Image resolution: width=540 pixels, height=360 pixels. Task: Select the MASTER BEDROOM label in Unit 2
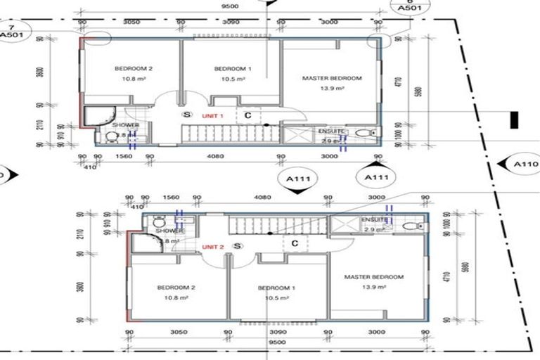point(373,277)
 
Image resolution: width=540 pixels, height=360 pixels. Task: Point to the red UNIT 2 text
point(212,247)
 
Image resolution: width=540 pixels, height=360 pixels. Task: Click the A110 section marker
point(524,165)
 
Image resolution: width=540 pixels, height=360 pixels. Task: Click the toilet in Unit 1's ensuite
point(364,132)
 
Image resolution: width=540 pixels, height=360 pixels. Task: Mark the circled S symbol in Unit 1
point(186,114)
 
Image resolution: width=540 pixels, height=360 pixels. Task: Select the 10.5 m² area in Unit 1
point(230,79)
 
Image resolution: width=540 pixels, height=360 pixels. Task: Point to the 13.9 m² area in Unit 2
point(373,288)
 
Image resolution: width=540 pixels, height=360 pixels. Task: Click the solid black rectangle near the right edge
point(514,120)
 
